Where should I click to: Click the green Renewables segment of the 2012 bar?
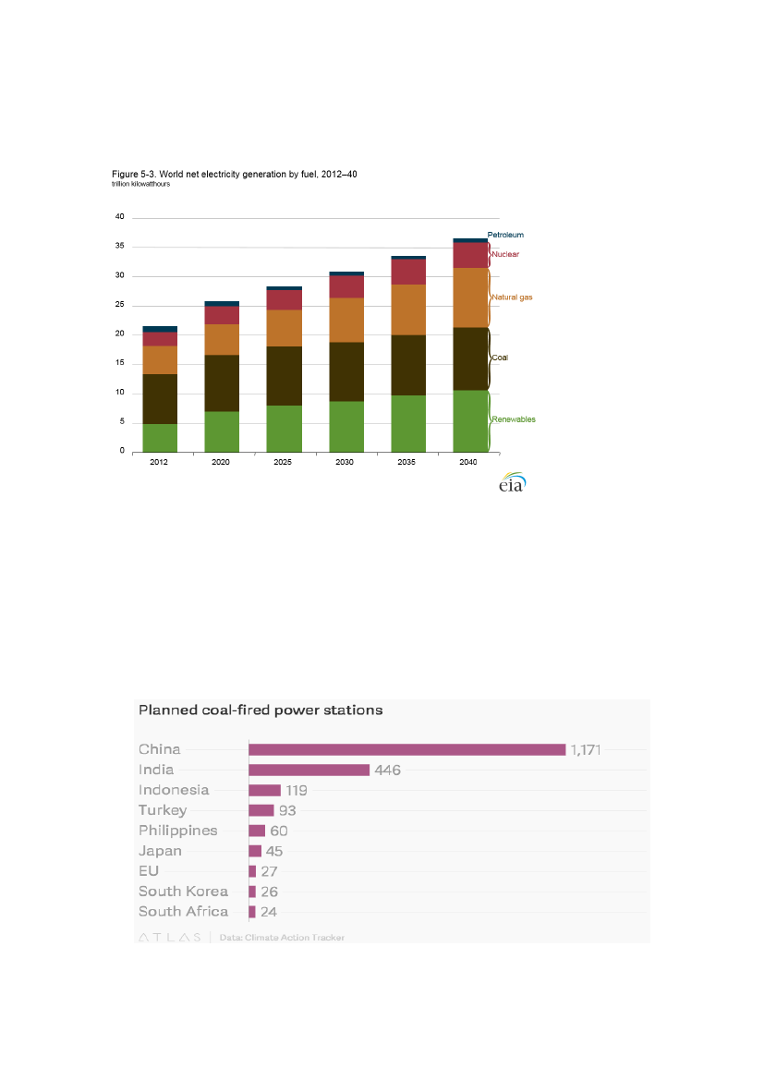click(x=159, y=438)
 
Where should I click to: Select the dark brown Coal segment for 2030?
click(x=346, y=371)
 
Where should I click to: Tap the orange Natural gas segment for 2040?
click(x=471, y=297)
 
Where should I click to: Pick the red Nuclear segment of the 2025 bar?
click(x=284, y=300)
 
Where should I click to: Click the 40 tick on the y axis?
click(x=119, y=217)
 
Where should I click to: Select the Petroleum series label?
click(x=505, y=235)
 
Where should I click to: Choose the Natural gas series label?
click(x=512, y=297)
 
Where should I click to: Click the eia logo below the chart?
click(x=512, y=483)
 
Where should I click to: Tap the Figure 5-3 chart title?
click(x=234, y=174)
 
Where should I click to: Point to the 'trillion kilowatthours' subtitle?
click(x=140, y=184)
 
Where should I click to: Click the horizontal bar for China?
click(x=406, y=749)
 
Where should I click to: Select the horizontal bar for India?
click(x=309, y=770)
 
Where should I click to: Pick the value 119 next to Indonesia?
click(x=296, y=790)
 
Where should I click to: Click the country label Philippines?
click(x=178, y=831)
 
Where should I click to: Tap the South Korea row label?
click(x=183, y=892)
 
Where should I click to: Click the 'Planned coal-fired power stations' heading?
click(x=261, y=710)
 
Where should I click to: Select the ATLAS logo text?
click(x=169, y=937)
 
